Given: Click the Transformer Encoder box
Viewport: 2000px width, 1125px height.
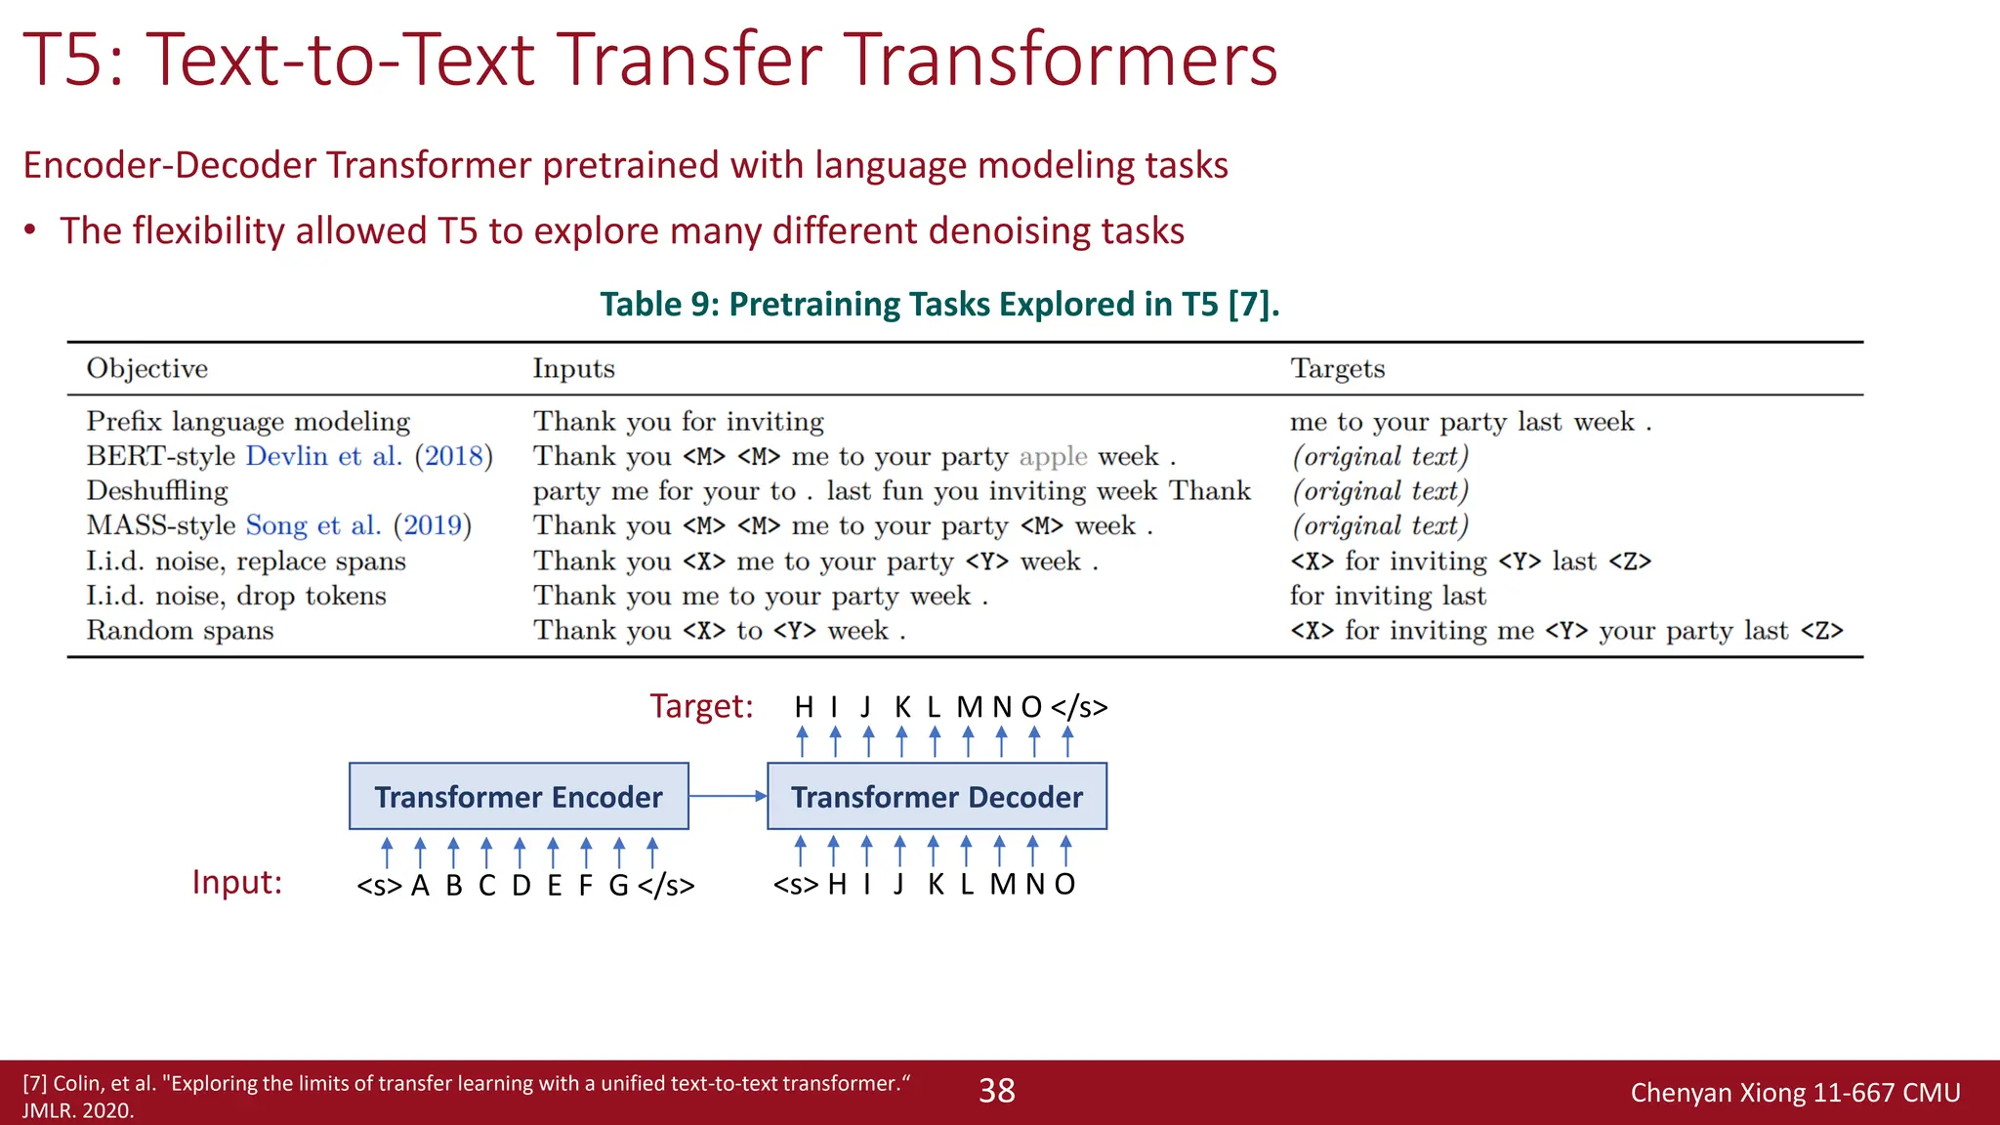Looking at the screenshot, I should coord(519,797).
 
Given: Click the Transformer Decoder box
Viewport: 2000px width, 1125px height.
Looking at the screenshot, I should coord(937,797).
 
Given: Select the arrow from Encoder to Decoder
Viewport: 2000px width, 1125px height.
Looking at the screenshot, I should coord(728,796).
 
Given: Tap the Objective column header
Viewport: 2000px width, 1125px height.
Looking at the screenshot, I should coord(147,368).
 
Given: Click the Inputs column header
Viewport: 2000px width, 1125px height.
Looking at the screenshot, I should coord(573,368).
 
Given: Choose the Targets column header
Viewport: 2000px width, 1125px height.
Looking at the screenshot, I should coord(1337,368).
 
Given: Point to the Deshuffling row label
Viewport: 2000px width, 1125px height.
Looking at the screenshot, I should coord(157,490).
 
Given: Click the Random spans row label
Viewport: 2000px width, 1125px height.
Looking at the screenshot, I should coord(180,630).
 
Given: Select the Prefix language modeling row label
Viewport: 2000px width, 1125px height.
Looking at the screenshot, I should coord(248,421).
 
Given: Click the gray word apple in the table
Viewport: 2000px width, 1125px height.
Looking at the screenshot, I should coord(1052,456).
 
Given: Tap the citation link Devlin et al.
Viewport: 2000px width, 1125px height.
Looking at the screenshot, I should coord(323,456).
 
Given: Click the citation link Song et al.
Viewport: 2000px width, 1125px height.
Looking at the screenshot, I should coord(312,525).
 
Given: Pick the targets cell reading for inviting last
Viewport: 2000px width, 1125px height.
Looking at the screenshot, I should coord(1388,596).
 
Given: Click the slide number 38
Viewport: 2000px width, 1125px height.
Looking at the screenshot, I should coord(996,1091).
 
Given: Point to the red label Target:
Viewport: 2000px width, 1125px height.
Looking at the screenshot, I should coord(701,705).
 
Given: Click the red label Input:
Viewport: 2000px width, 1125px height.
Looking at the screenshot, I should coord(236,882).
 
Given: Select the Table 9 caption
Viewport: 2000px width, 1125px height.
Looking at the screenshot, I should coord(938,304).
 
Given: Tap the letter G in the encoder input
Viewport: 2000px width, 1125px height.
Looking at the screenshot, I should coord(618,885).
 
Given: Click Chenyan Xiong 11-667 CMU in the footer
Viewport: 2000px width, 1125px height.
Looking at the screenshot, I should coord(1795,1093).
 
